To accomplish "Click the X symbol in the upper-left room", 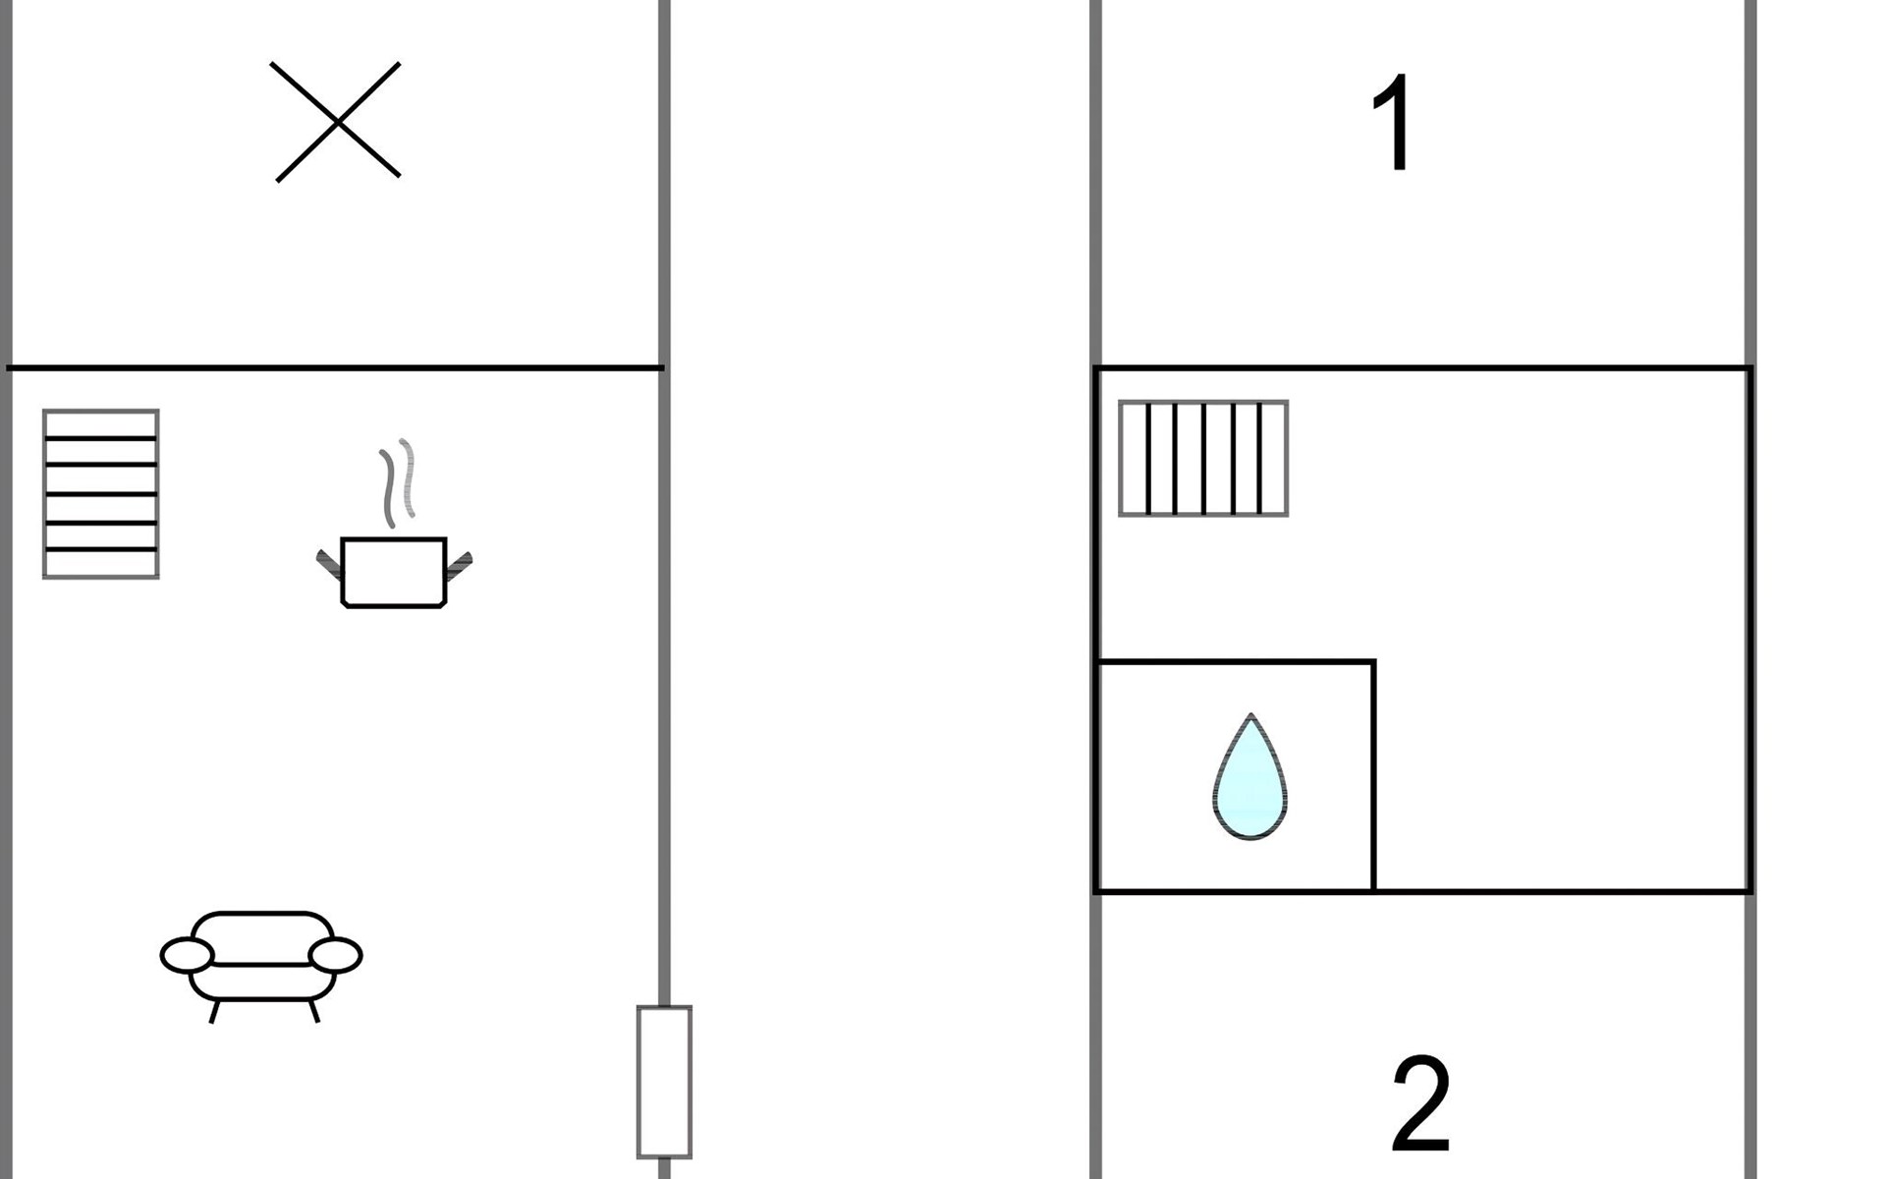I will pos(337,122).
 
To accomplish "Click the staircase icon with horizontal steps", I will pos(101,493).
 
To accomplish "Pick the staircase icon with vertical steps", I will pos(1203,458).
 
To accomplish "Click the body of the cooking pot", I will pos(393,572).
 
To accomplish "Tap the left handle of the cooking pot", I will pos(328,564).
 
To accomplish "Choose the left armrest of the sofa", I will pos(187,955).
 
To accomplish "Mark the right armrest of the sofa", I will pos(336,954).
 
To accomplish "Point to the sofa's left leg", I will pos(214,1011).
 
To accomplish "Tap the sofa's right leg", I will pos(314,1011).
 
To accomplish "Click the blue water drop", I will pos(1249,786).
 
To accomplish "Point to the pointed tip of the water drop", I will pos(1250,717).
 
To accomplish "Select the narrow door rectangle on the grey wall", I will pos(664,1082).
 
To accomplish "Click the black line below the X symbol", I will pos(334,368).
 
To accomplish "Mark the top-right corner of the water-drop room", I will pos(1373,662).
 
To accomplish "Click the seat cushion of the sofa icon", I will pos(262,981).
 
